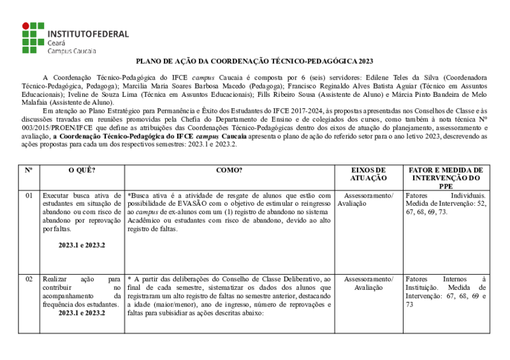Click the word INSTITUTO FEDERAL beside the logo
pos(88,34)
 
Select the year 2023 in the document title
pos(365,61)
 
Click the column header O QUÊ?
pos(82,171)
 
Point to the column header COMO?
pos(229,171)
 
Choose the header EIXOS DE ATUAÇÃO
pos(368,175)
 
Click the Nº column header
pos(29,171)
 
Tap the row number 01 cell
pos(29,195)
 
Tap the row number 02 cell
pos(29,279)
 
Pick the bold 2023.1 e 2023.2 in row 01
pos(82,245)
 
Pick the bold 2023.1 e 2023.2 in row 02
pos(82,313)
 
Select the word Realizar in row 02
pos(55,279)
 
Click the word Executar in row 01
pos(57,195)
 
